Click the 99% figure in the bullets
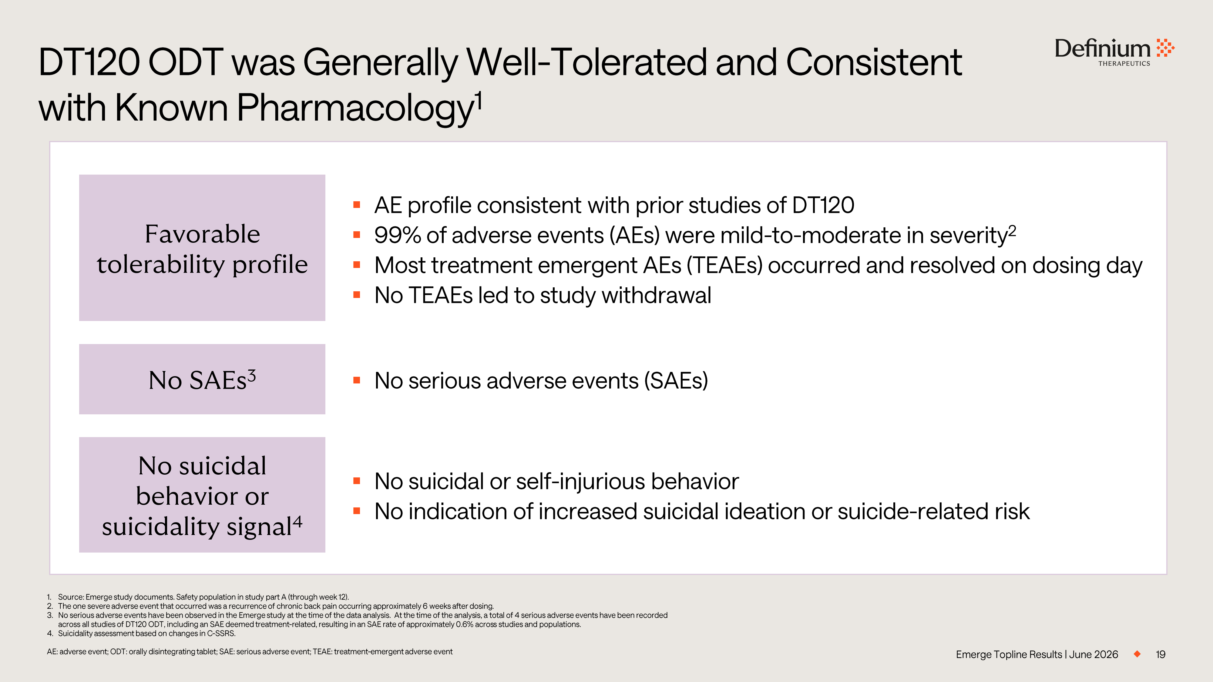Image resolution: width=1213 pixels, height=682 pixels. (x=398, y=235)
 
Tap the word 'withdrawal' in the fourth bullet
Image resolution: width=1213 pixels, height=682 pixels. (x=657, y=296)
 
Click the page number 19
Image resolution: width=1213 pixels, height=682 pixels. (x=1161, y=654)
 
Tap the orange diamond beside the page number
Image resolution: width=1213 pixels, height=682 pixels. (x=1137, y=654)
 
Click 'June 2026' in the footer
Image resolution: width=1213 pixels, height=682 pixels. (x=1094, y=654)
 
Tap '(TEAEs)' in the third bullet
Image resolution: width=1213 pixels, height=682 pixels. (x=724, y=266)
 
